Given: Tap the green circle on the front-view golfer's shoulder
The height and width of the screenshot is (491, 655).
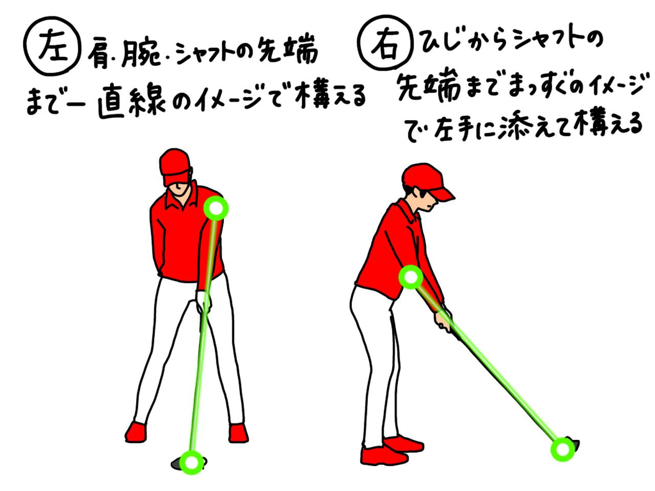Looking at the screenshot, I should pos(216,209).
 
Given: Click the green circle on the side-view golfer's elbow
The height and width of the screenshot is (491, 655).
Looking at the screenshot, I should pos(411,277).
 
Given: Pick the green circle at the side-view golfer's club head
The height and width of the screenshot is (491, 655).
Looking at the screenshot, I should pos(563,450).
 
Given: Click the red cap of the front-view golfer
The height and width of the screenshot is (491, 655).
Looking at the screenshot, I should pos(175,163).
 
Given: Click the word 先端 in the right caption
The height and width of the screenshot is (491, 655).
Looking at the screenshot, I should pos(429,88).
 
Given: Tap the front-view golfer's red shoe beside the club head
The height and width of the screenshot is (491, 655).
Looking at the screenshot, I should pos(238,433).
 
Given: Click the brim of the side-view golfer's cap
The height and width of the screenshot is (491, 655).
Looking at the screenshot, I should pos(444,193).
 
